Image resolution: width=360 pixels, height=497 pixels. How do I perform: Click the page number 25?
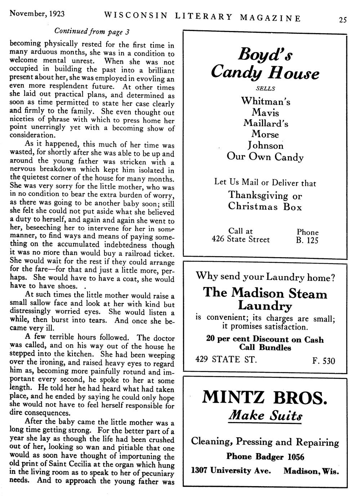pyautogui.click(x=342, y=20)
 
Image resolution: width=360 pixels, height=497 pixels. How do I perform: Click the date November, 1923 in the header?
pyautogui.click(x=37, y=14)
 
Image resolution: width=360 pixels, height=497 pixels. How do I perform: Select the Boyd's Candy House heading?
pyautogui.click(x=265, y=64)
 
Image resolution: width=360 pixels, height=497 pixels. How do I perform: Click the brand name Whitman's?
pyautogui.click(x=266, y=101)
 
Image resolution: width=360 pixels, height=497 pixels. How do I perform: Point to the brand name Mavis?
pyautogui.click(x=266, y=112)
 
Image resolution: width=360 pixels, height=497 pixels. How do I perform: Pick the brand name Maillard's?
pyautogui.click(x=266, y=123)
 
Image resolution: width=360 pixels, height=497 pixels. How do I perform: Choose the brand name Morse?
pyautogui.click(x=266, y=134)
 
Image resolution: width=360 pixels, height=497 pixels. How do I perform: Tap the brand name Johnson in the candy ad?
pyautogui.click(x=266, y=145)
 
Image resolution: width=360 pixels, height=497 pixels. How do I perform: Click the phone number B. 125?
pyautogui.click(x=307, y=240)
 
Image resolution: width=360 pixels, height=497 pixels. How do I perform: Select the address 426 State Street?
pyautogui.click(x=240, y=239)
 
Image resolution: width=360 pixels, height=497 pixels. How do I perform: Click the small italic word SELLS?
pyautogui.click(x=265, y=89)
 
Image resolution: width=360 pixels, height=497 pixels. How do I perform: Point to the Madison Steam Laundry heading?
pyautogui.click(x=265, y=299)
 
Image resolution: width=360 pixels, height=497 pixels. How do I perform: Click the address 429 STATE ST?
pyautogui.click(x=226, y=359)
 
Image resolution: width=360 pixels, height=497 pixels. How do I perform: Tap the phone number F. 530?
pyautogui.click(x=324, y=360)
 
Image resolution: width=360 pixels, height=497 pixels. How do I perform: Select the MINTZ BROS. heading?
pyautogui.click(x=265, y=398)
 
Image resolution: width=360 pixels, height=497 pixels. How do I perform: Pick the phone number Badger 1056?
pyautogui.click(x=280, y=457)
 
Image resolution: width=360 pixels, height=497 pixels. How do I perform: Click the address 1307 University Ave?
pyautogui.click(x=231, y=471)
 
